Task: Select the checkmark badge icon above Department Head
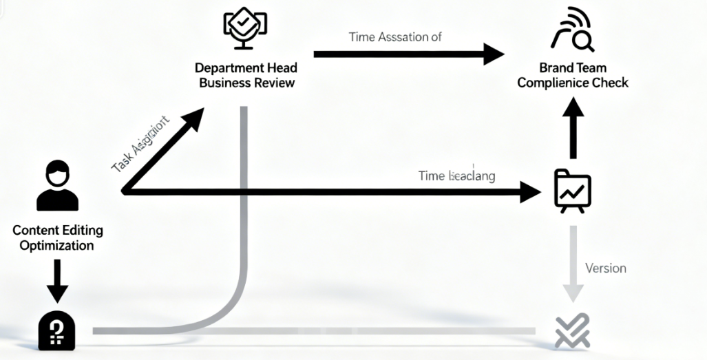(x=245, y=28)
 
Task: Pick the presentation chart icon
(x=573, y=189)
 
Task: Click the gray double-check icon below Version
(x=572, y=331)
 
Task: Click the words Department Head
(x=246, y=69)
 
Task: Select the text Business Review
(x=246, y=83)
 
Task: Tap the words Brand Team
(x=572, y=69)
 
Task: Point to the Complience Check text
(x=572, y=83)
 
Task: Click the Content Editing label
(x=57, y=231)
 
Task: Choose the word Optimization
(x=57, y=245)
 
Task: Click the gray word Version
(x=605, y=268)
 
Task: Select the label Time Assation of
(x=395, y=37)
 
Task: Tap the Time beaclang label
(x=456, y=176)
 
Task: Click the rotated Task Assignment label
(x=140, y=145)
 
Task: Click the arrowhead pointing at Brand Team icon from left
(x=494, y=54)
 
